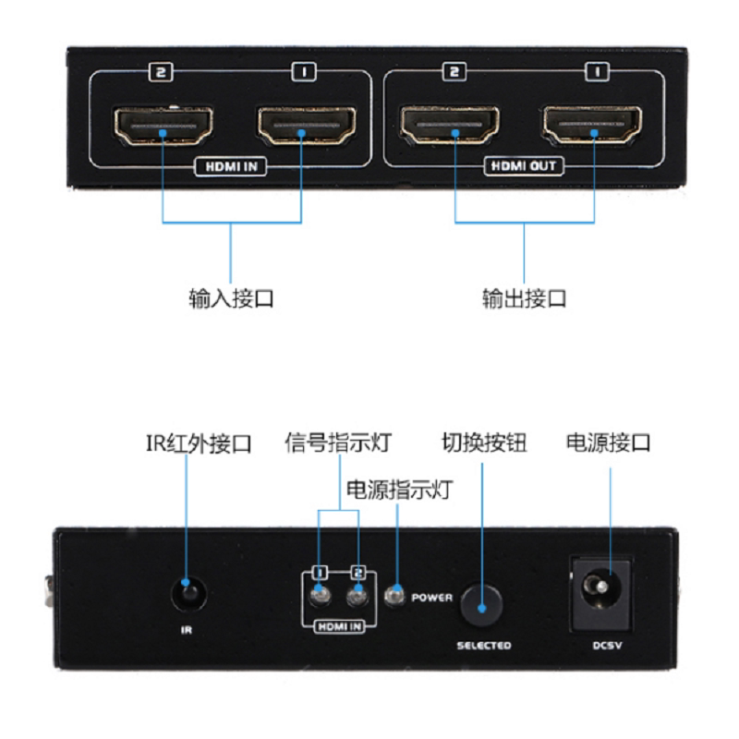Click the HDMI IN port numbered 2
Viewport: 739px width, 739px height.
pyautogui.click(x=163, y=128)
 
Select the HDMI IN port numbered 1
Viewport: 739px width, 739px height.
pyautogui.click(x=301, y=128)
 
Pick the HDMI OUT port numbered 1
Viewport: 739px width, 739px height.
pyautogui.click(x=593, y=128)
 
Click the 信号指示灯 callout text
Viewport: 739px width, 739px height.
pyautogui.click(x=337, y=443)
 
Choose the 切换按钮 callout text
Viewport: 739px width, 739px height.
pyautogui.click(x=484, y=443)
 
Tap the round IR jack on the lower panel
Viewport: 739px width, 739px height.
pyautogui.click(x=188, y=591)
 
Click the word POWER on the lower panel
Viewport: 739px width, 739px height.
pyautogui.click(x=431, y=598)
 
